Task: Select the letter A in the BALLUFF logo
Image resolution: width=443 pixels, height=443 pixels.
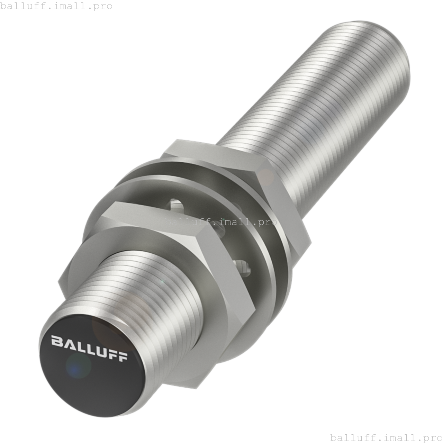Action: point(69,343)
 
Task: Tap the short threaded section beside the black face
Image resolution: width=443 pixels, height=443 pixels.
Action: point(145,294)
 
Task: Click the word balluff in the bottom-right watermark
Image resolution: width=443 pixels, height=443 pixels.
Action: point(349,437)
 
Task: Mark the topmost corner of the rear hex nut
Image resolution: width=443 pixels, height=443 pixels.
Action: point(177,140)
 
